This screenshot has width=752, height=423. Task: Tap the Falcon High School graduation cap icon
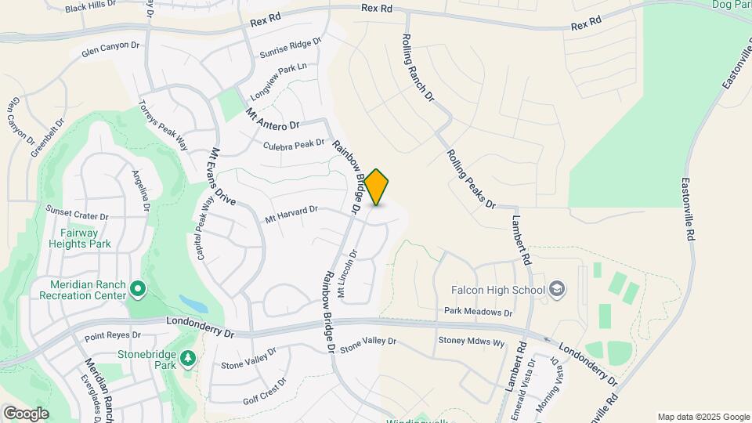557,289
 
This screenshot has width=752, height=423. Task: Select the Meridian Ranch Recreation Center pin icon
138,290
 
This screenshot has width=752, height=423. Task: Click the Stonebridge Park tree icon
187,358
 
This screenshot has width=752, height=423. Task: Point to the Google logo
26,414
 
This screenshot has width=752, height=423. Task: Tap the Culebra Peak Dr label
294,144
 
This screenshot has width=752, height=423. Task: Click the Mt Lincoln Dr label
346,273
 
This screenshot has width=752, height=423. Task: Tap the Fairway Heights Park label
85,238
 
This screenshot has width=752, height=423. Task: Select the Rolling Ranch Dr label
418,68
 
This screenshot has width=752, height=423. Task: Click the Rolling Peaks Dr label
472,179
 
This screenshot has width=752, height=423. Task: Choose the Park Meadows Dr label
477,312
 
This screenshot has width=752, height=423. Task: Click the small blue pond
191,303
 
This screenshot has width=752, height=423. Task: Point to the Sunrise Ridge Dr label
291,48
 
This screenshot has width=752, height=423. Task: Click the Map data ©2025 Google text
703,417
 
